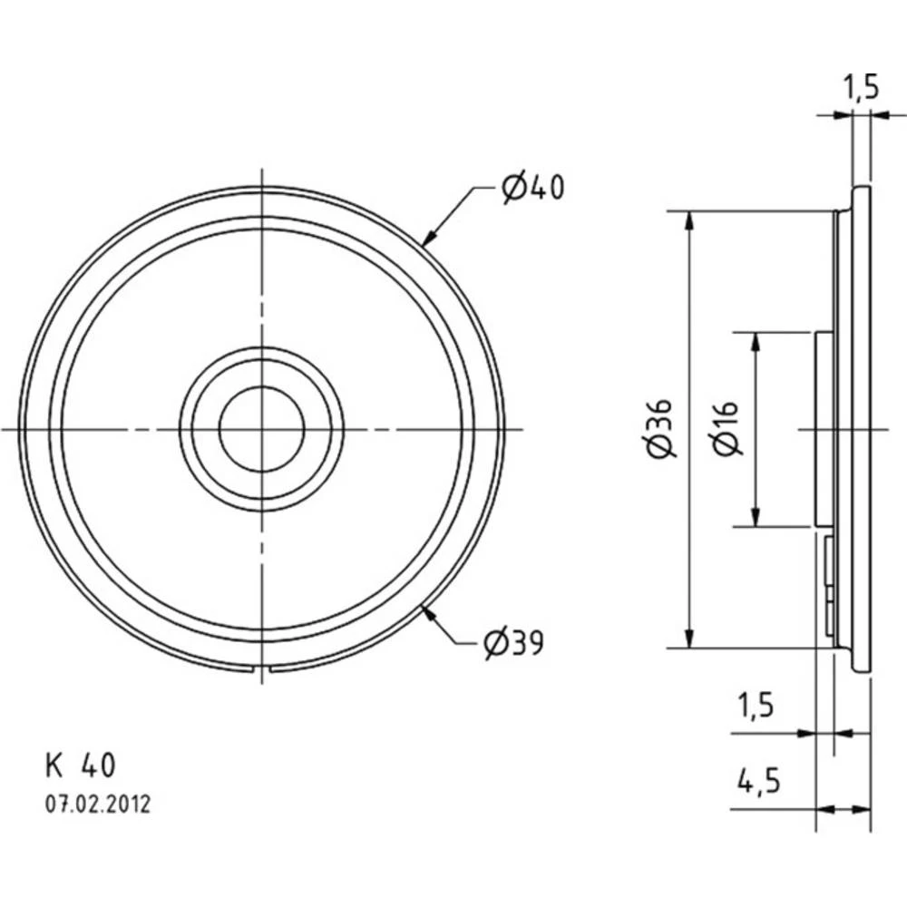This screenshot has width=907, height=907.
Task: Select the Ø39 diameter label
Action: pos(512,643)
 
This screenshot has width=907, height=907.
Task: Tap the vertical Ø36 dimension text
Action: pos(661,428)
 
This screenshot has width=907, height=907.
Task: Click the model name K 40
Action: pos(80,766)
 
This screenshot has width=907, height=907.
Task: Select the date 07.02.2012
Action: pos(96,804)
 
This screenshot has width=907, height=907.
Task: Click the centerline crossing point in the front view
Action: pos(261,428)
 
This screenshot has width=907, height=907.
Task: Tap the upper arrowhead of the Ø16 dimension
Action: pos(755,339)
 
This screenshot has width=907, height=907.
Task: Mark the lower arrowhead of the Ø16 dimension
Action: pos(755,518)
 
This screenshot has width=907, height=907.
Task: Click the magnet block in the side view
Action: pos(824,428)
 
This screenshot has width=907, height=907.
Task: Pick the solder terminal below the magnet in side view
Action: pos(830,580)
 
